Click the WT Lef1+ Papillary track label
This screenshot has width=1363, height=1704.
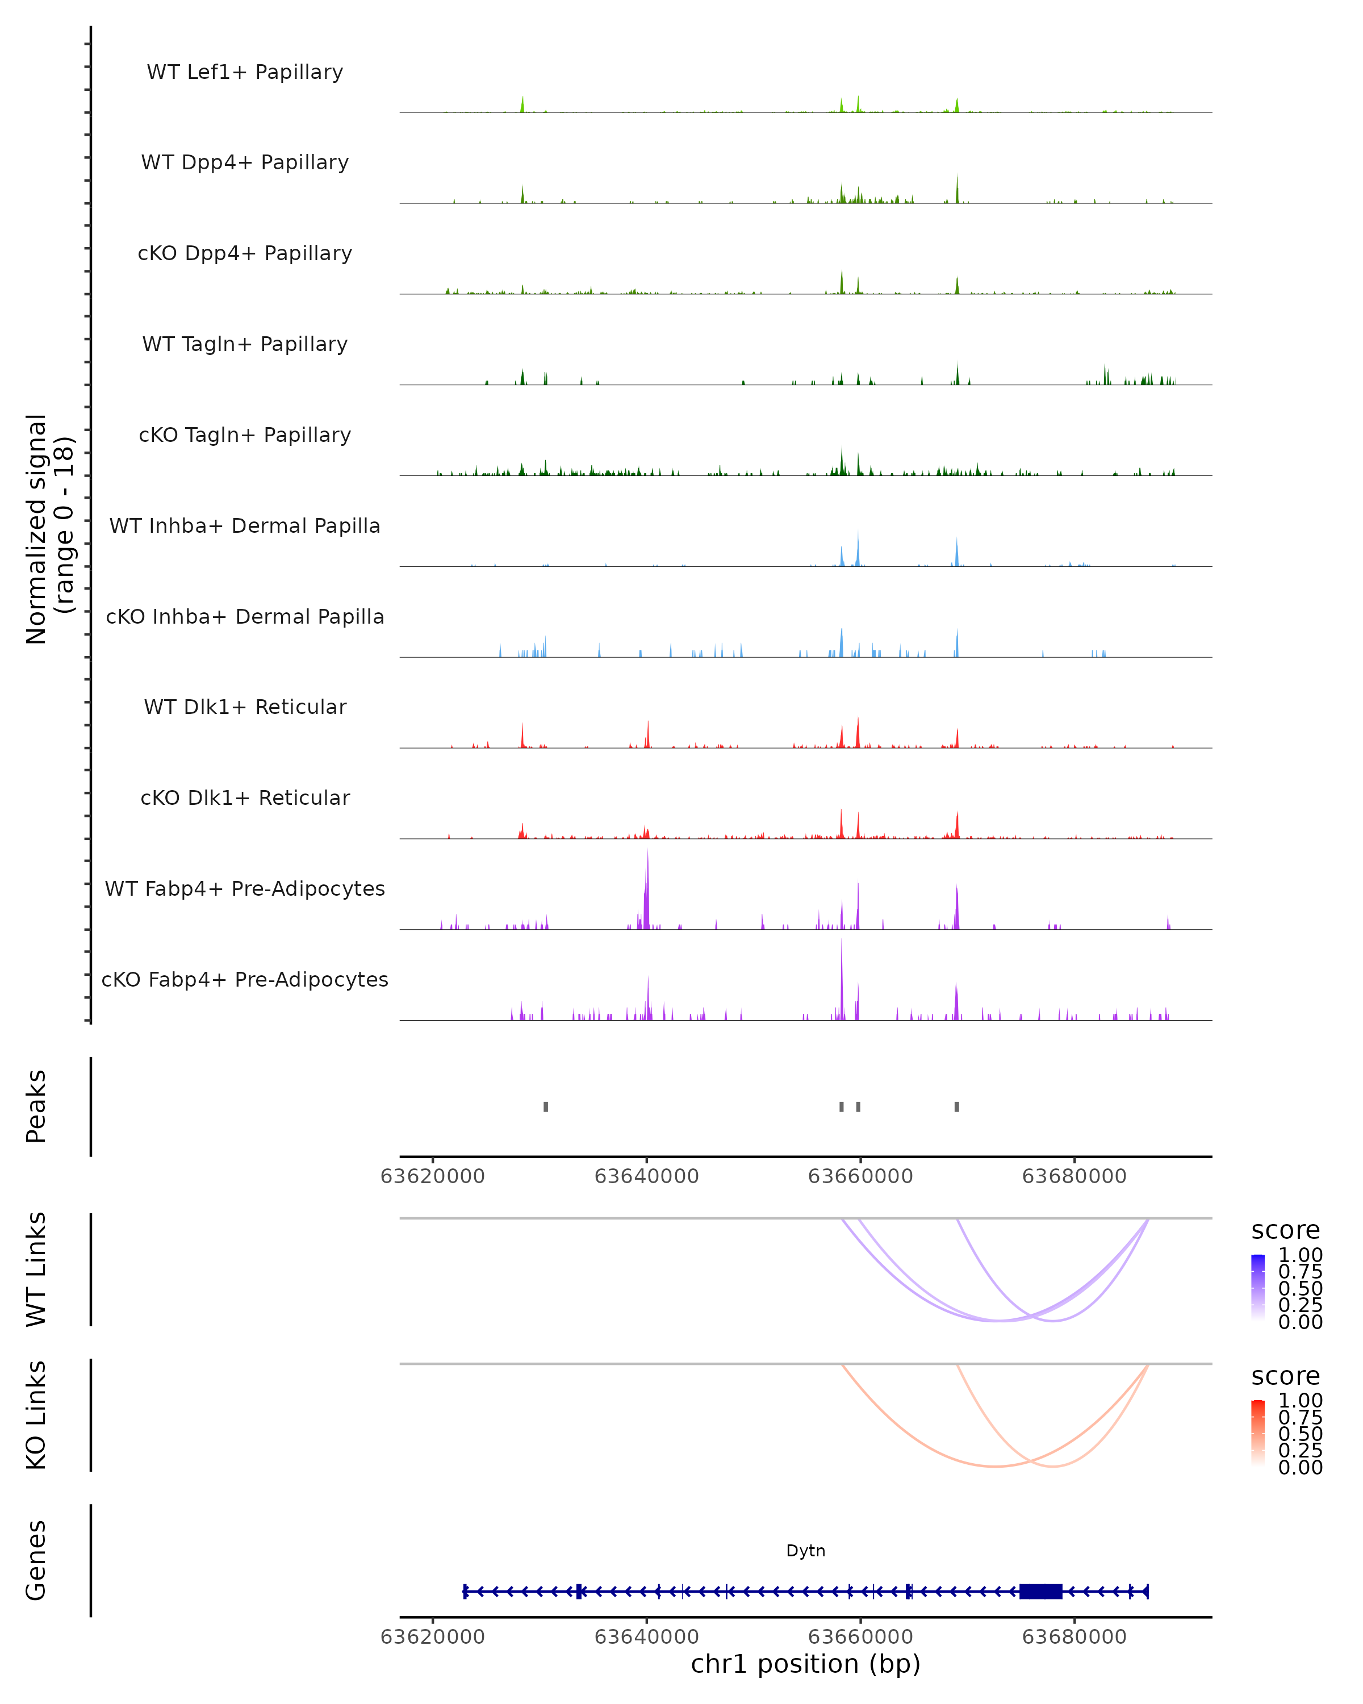[x=245, y=72]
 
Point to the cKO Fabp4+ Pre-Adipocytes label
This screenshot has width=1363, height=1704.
[x=245, y=979]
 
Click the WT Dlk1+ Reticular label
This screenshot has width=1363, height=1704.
[x=245, y=707]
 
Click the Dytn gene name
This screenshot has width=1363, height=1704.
[x=805, y=1551]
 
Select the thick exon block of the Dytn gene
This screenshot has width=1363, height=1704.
[x=1040, y=1591]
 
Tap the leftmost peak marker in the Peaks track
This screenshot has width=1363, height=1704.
[x=546, y=1106]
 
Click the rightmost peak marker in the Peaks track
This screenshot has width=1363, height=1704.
[x=957, y=1106]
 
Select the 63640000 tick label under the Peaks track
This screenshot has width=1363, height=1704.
[x=646, y=1176]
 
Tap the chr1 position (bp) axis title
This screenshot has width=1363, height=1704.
[x=805, y=1664]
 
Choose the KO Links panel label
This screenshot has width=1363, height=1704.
[x=36, y=1415]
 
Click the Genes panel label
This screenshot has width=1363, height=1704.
[x=36, y=1560]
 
